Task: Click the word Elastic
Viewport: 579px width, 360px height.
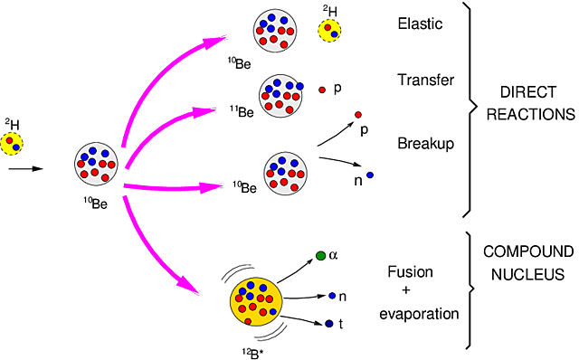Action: (420, 24)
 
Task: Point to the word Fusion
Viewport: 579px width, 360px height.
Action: (410, 272)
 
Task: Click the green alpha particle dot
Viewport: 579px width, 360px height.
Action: (321, 257)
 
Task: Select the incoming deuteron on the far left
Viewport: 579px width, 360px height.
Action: (14, 143)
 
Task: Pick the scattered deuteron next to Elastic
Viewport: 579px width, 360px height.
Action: (328, 31)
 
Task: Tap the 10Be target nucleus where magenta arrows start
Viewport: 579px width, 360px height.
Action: (98, 165)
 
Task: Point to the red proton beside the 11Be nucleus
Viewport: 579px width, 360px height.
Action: (324, 90)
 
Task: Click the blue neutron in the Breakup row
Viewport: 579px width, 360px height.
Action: (370, 174)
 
